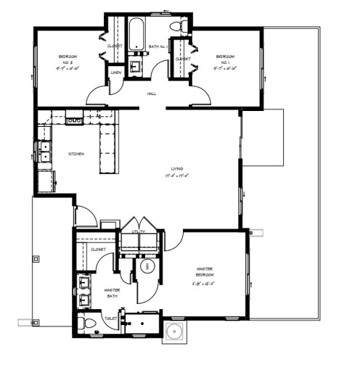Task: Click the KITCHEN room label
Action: (x=75, y=154)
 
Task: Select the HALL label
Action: (x=152, y=94)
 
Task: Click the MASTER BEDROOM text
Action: (x=205, y=272)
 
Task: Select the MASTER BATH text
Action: (x=112, y=292)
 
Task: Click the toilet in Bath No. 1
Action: (x=175, y=28)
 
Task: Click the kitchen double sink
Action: (x=45, y=152)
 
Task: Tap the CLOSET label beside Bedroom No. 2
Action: (x=115, y=46)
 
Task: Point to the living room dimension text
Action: (x=177, y=176)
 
